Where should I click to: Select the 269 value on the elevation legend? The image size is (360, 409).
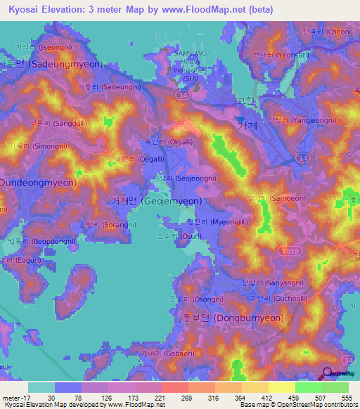click(188, 398)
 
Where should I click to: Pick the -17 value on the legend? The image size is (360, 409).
click(13, 398)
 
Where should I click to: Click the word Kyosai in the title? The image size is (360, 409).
click(25, 10)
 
